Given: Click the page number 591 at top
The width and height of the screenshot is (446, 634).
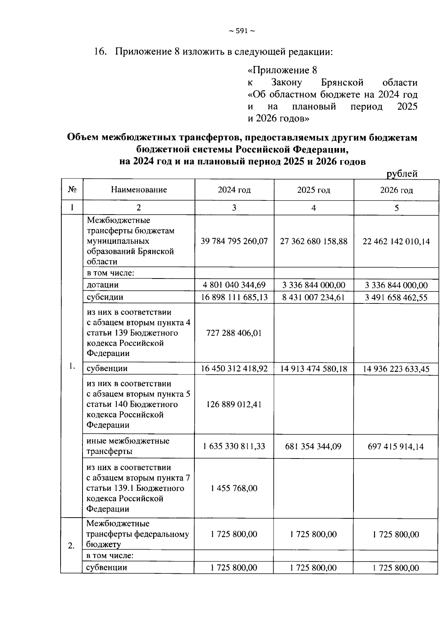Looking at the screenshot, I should pyautogui.click(x=242, y=31).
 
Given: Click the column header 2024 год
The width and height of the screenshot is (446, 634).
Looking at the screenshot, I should pyautogui.click(x=234, y=190).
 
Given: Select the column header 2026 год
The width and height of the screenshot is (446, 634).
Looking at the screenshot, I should pyautogui.click(x=396, y=190).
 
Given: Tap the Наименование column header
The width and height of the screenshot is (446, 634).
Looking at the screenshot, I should pyautogui.click(x=139, y=190).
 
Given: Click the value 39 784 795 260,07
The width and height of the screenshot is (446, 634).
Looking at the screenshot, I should pyautogui.click(x=234, y=241).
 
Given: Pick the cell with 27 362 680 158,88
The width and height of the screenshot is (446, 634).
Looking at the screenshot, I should pyautogui.click(x=314, y=241).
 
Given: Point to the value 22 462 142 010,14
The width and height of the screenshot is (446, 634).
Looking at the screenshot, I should pyautogui.click(x=396, y=242).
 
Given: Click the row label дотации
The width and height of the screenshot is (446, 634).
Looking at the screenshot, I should pyautogui.click(x=103, y=285).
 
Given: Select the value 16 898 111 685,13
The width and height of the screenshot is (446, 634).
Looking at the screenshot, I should pyautogui.click(x=234, y=297).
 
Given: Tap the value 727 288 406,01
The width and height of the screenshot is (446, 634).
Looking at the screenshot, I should pyautogui.click(x=234, y=333).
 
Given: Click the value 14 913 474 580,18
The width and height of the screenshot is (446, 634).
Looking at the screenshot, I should pyautogui.click(x=314, y=369).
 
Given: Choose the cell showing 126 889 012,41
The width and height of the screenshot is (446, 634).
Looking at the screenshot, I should pyautogui.click(x=234, y=404).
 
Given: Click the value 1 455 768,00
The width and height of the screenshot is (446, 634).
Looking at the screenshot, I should pyautogui.click(x=234, y=488).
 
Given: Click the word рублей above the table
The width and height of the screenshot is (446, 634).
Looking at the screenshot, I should pyautogui.click(x=402, y=174).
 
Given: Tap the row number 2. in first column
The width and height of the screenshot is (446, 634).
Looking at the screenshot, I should pyautogui.click(x=71, y=546).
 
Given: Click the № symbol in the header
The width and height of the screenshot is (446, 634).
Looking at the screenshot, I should pyautogui.click(x=72, y=190).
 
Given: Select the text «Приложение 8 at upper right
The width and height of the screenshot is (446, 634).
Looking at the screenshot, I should pyautogui.click(x=282, y=70).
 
